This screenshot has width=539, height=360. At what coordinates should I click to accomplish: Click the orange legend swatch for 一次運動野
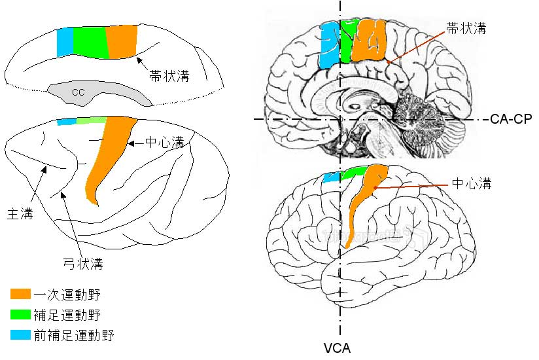pyautogui.click(x=21, y=294)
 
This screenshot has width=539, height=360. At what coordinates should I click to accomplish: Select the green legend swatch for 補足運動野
pyautogui.click(x=21, y=315)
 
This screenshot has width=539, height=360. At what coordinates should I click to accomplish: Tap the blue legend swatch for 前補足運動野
pyautogui.click(x=21, y=336)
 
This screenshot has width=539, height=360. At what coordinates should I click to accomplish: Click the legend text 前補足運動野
pyautogui.click(x=74, y=336)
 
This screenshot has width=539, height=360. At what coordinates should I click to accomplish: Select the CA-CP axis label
pyautogui.click(x=511, y=118)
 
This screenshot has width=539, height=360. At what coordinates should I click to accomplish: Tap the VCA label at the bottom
pyautogui.click(x=339, y=348)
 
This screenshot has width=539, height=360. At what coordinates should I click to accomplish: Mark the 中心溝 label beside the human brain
pyautogui.click(x=472, y=184)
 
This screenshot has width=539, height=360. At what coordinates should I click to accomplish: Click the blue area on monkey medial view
pyautogui.click(x=65, y=43)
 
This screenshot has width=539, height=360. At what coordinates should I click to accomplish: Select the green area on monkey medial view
pyautogui.click(x=89, y=41)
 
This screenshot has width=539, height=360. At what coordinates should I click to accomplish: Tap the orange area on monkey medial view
pyautogui.click(x=121, y=41)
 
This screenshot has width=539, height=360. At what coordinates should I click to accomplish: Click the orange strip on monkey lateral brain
pyautogui.click(x=108, y=157)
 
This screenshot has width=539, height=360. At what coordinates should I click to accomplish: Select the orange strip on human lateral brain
pyautogui.click(x=361, y=203)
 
